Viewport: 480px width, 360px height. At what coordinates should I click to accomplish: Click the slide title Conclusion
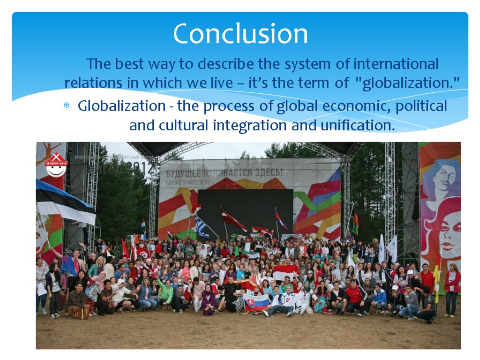(x=240, y=34)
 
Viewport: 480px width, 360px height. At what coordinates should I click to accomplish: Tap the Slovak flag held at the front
(x=256, y=302)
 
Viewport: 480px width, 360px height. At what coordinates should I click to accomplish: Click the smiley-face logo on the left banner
(x=56, y=165)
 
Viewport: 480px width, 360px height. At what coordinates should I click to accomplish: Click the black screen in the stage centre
(x=245, y=211)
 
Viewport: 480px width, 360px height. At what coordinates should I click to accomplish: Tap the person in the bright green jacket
(x=165, y=292)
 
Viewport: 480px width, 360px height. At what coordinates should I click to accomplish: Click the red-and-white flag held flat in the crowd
(x=286, y=271)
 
